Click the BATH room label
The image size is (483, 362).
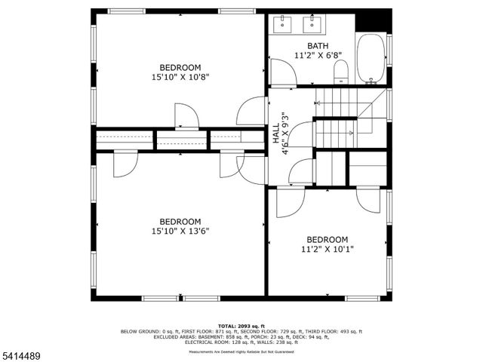coord(307,45)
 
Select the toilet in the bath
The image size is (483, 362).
coord(341,72)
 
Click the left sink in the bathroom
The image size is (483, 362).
coord(281,24)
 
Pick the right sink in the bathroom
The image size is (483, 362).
coord(311,24)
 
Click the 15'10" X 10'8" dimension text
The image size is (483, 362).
coord(180,77)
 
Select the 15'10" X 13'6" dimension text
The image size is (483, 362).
coord(180,231)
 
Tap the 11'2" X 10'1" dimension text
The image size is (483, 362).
coord(327,249)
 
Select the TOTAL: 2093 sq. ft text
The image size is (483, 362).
coord(241,326)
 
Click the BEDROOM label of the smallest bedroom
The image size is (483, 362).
coord(327,239)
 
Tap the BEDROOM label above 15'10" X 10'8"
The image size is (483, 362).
coord(180,67)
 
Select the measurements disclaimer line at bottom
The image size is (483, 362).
coord(241,351)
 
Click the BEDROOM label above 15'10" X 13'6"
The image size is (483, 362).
coord(180,221)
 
